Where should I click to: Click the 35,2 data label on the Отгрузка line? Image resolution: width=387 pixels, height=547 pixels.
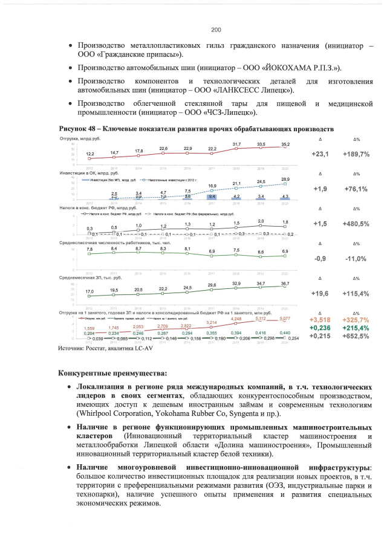285,144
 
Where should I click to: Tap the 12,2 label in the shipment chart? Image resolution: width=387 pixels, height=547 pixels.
90,155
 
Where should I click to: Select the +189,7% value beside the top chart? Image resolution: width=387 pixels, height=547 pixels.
357,155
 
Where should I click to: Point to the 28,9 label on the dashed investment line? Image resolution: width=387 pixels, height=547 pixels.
285,180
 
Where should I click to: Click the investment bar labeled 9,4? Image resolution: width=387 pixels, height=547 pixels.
212,197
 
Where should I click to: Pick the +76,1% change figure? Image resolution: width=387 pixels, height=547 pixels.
357,189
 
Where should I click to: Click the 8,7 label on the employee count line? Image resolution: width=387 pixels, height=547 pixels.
138,249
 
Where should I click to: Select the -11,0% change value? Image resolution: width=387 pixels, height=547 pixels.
357,259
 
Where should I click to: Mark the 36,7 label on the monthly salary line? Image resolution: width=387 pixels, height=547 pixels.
285,283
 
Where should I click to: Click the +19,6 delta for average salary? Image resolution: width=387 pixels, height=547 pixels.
320,294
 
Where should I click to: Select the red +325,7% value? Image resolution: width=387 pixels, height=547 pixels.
357,320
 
